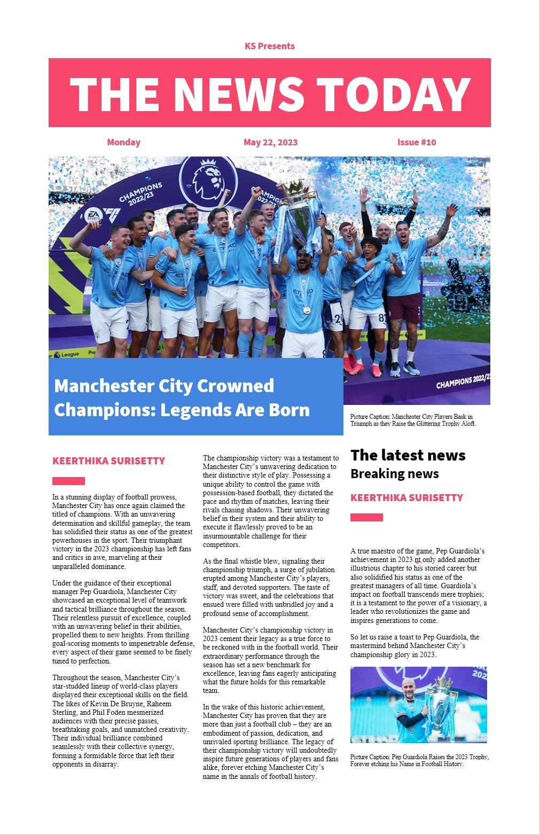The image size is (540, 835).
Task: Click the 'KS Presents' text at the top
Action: (269, 46)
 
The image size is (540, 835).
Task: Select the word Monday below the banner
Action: (123, 142)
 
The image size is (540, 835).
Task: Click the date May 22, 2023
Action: (270, 142)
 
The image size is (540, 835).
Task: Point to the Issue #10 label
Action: (416, 142)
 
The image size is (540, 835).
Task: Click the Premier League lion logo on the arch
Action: (208, 181)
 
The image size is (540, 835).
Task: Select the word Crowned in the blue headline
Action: (235, 386)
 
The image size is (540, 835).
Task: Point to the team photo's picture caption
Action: (412, 420)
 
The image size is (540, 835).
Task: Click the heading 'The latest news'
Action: (408, 455)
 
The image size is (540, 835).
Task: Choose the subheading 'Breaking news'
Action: (394, 474)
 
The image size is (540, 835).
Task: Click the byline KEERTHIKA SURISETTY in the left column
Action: (108, 461)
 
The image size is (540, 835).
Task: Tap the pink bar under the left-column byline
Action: (68, 481)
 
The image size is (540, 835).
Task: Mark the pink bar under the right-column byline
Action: (366, 517)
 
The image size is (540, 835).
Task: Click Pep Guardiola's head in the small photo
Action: (409, 689)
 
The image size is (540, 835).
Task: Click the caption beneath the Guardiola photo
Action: (419, 760)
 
